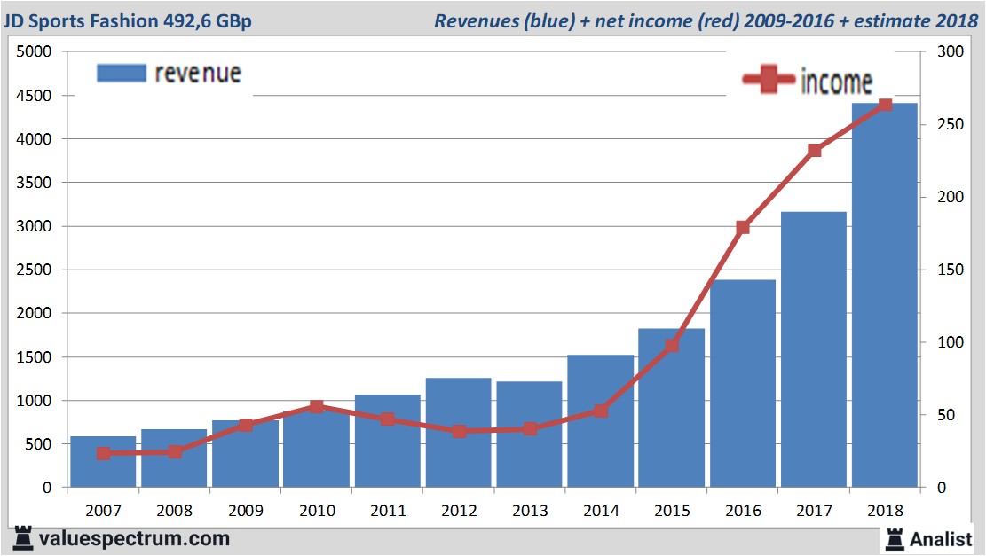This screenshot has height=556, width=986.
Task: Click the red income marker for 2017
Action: click(x=815, y=150)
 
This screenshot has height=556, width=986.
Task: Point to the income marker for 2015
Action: click(x=672, y=345)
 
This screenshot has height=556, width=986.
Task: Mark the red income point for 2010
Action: click(x=317, y=406)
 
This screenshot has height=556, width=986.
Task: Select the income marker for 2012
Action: click(x=459, y=431)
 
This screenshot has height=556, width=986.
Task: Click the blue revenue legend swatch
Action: click(x=120, y=73)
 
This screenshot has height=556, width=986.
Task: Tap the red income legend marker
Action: click(x=769, y=81)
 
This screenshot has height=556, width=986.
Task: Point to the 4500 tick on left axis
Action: click(x=39, y=96)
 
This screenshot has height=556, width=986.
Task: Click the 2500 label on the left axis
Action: click(x=39, y=270)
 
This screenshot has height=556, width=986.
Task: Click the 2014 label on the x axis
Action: click(x=601, y=511)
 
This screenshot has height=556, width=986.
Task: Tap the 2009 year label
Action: click(x=246, y=511)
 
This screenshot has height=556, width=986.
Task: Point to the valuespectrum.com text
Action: click(x=134, y=538)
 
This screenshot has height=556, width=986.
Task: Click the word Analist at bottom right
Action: click(x=941, y=538)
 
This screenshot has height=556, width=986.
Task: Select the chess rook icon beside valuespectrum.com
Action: click(x=23, y=538)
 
